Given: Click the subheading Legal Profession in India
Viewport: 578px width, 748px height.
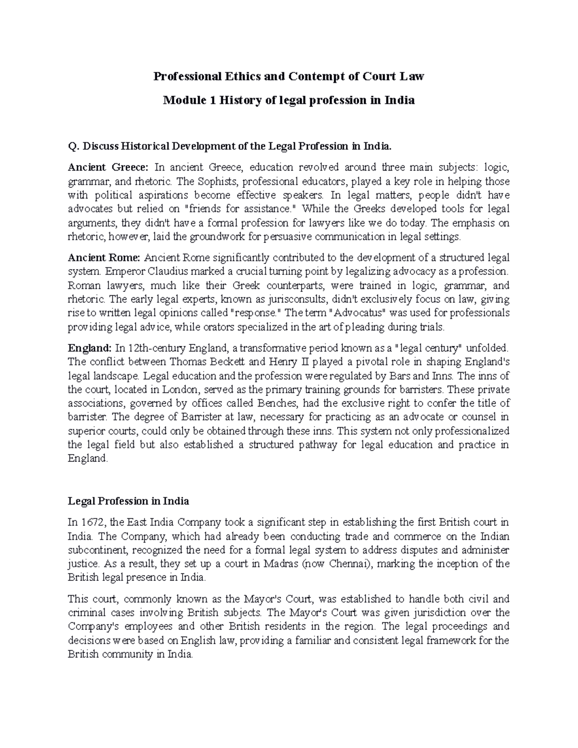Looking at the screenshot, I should tap(128, 501).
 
